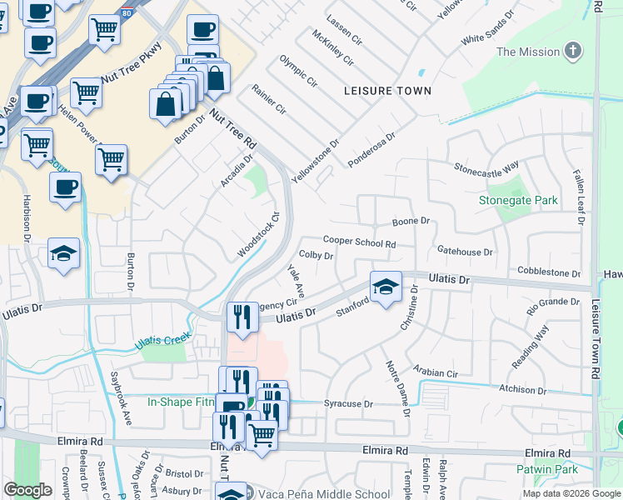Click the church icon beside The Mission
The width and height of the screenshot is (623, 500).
pyautogui.click(x=572, y=52)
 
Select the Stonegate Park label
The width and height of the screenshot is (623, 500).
pyautogui.click(x=518, y=201)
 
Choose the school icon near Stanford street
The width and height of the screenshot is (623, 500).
pyautogui.click(x=384, y=287)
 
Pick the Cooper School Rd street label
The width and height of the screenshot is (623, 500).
pyautogui.click(x=359, y=241)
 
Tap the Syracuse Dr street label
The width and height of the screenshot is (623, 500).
pyautogui.click(x=343, y=403)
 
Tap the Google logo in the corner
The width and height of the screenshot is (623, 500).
pyautogui.click(x=27, y=490)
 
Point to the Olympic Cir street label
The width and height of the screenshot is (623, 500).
pyautogui.click(x=298, y=72)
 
